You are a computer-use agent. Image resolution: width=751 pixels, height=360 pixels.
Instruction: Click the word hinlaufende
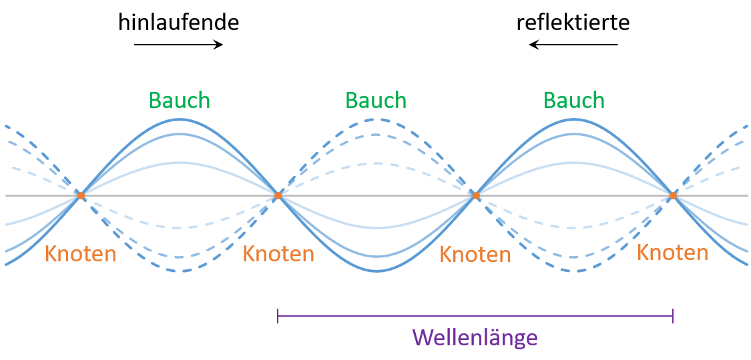pyautogui.click(x=178, y=23)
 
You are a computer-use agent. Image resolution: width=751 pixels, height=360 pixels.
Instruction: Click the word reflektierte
pyautogui.click(x=573, y=23)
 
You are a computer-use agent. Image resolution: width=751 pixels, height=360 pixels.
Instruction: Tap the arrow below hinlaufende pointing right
pyautogui.click(x=178, y=45)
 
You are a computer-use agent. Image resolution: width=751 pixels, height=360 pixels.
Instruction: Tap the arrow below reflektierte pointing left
pyautogui.click(x=573, y=45)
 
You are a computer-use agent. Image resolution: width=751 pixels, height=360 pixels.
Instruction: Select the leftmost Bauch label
pyautogui.click(x=179, y=100)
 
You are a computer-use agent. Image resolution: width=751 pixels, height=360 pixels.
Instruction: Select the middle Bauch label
pyautogui.click(x=376, y=100)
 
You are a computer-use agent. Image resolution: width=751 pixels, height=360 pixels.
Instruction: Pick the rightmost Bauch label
pyautogui.click(x=573, y=100)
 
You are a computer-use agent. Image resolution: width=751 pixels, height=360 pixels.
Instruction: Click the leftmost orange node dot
pyautogui.click(x=81, y=195)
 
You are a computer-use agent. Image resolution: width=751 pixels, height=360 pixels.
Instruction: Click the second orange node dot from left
pyautogui.click(x=278, y=195)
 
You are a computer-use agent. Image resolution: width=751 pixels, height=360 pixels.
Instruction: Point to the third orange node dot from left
pyautogui.click(x=475, y=195)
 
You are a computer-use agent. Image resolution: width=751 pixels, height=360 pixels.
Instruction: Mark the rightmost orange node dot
pyautogui.click(x=673, y=195)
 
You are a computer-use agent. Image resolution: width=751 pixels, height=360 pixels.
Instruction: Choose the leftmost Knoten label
pyautogui.click(x=80, y=254)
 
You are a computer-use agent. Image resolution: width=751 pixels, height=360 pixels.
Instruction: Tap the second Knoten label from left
pyautogui.click(x=278, y=254)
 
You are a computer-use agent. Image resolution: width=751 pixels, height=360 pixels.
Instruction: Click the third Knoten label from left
pyautogui.click(x=475, y=255)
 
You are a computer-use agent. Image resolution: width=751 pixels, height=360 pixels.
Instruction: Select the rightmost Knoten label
pyautogui.click(x=672, y=253)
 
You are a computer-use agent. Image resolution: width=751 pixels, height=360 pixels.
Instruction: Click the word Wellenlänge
pyautogui.click(x=475, y=337)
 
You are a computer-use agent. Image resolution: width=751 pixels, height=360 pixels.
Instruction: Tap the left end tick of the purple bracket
pyautogui.click(x=278, y=316)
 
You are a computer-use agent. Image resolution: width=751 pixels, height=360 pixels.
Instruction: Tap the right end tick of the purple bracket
pyautogui.click(x=673, y=316)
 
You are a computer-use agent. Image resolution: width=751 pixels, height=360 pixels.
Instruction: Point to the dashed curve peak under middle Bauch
pyautogui.click(x=377, y=119)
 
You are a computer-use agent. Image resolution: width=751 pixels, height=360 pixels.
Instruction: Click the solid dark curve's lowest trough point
pyautogui.click(x=377, y=271)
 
